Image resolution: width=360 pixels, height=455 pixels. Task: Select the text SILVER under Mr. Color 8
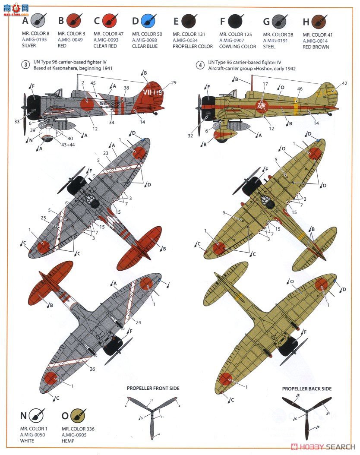29,46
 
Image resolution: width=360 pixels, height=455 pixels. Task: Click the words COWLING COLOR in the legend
237,46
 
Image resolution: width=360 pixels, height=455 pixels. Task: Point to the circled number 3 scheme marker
26,66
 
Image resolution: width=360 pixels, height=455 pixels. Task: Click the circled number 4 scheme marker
200,66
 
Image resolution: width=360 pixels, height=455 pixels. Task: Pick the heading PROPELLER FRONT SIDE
153,389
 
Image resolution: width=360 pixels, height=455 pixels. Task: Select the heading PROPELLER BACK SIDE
307,389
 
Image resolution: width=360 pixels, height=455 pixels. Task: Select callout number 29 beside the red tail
174,82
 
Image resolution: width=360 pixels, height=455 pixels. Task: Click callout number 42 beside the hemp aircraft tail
344,84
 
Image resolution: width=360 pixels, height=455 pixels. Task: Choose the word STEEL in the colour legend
269,47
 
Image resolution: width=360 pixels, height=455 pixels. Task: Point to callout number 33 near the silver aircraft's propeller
17,122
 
